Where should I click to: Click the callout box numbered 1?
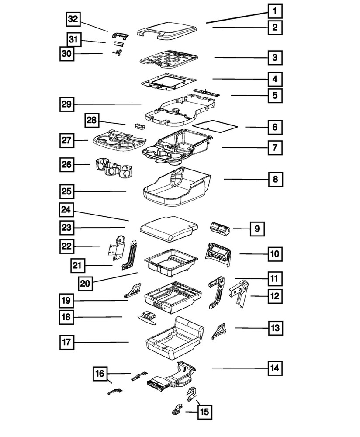[275, 10]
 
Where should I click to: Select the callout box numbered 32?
[74, 20]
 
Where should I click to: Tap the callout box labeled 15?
[204, 411]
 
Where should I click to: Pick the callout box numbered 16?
[100, 374]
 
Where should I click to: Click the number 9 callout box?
[257, 228]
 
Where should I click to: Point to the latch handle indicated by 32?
[120, 36]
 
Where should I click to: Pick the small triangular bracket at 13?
[219, 331]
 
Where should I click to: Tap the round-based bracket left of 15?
[177, 410]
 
